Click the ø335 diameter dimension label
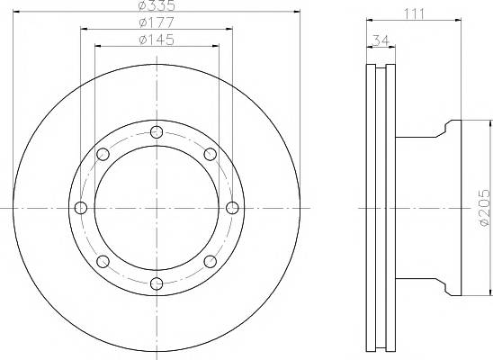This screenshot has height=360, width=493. tap(157, 5)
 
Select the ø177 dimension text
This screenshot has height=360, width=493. tap(157, 22)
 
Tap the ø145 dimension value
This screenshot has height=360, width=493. tap(157, 40)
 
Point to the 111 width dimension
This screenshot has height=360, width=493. tap(414, 13)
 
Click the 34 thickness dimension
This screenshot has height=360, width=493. tap(381, 40)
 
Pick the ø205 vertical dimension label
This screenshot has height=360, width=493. tap(485, 208)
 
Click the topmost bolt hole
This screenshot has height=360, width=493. tap(157, 132)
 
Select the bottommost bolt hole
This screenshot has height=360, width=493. tap(157, 283)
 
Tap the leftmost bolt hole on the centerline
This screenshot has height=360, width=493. tap(81, 208)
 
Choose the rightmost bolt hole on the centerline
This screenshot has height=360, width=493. tap(232, 208)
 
